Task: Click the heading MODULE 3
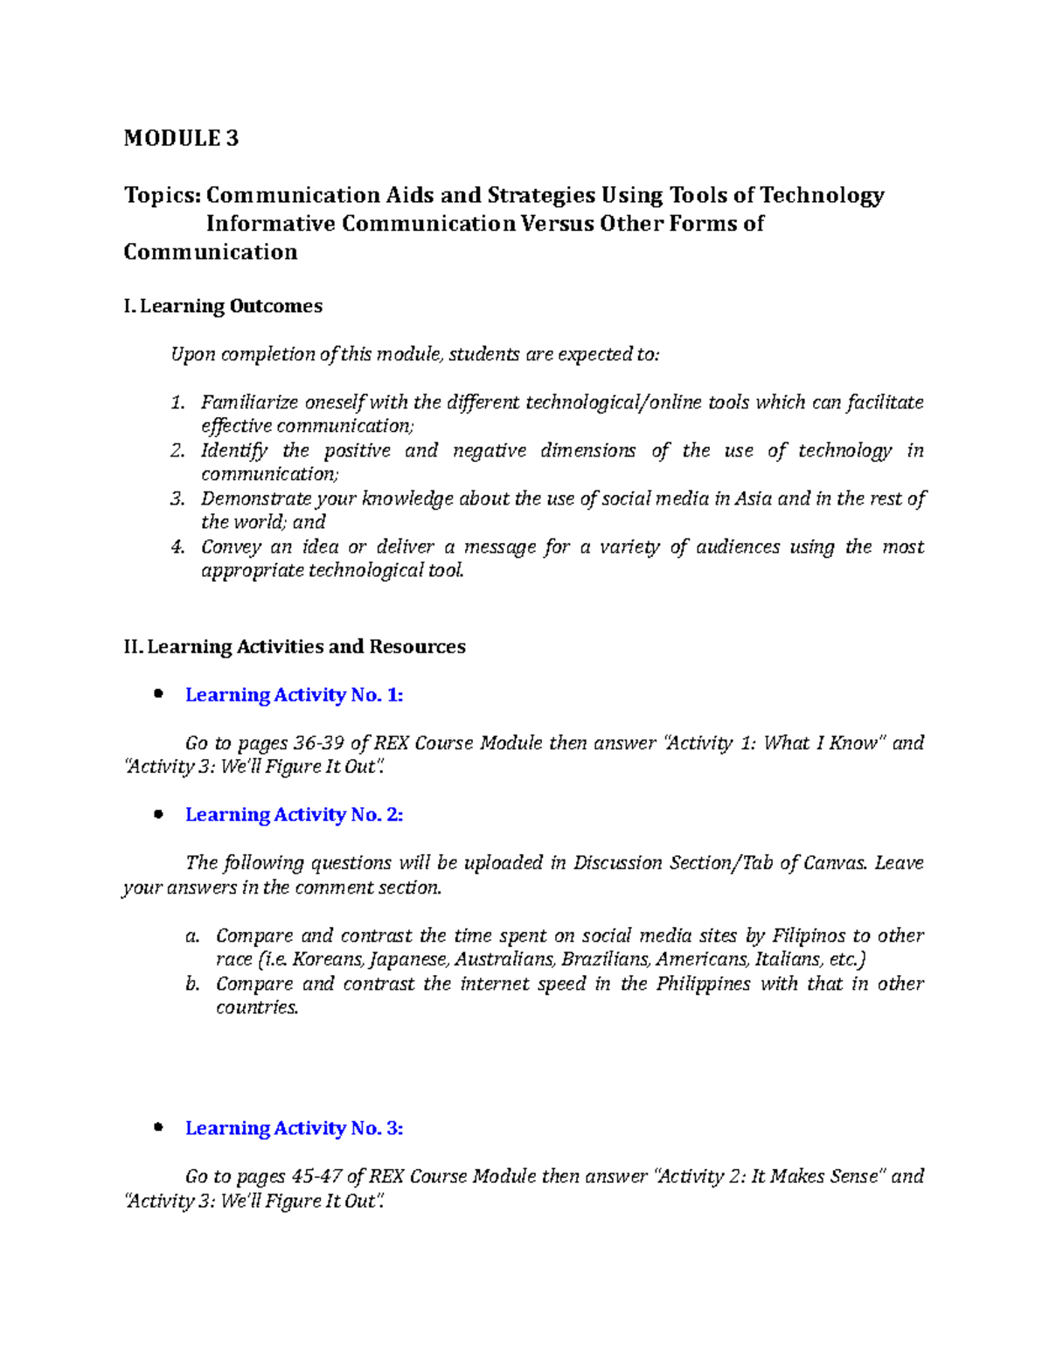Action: pos(181,138)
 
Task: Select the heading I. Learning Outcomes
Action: pos(223,306)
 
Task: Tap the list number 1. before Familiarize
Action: pos(177,402)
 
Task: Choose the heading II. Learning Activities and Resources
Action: pos(295,647)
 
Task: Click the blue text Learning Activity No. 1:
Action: pos(294,695)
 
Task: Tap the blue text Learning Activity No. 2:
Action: pos(294,815)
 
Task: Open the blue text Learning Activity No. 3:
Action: pos(294,1129)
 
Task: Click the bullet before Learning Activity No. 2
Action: pos(158,815)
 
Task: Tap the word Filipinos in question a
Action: pos(809,936)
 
